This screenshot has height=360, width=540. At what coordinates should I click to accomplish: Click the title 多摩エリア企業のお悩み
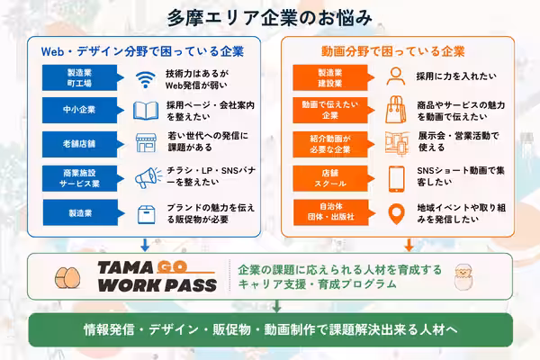point(270,18)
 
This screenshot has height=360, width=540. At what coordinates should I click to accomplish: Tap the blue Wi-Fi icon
point(145,79)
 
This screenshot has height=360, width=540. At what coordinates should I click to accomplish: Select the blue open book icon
point(146,111)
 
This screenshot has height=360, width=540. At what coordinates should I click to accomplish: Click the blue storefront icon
point(146,143)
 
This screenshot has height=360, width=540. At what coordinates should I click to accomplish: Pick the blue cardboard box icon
point(146,214)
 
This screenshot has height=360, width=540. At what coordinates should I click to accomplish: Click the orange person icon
point(396,76)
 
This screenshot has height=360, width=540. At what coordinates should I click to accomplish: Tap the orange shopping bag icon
point(396,110)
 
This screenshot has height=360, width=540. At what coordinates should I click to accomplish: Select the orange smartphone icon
point(396,179)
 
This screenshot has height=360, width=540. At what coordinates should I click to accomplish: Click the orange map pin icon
point(396,214)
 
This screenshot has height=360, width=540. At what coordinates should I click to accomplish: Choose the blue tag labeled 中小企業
point(83,110)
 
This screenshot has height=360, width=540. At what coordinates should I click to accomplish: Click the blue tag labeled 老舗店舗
point(83,144)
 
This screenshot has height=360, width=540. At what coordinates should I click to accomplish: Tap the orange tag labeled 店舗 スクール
point(333,178)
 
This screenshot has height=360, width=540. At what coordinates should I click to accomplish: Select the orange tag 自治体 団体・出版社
point(334,212)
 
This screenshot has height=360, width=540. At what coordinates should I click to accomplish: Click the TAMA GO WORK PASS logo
point(157,276)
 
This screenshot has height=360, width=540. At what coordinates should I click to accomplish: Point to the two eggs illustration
point(67,278)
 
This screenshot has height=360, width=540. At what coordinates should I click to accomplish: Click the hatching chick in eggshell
point(463,276)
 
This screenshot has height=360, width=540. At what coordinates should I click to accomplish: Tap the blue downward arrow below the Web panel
point(145,245)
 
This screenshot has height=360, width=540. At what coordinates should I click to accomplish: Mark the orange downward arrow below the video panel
point(409,245)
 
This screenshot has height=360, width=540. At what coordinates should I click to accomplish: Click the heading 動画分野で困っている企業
point(393,51)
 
